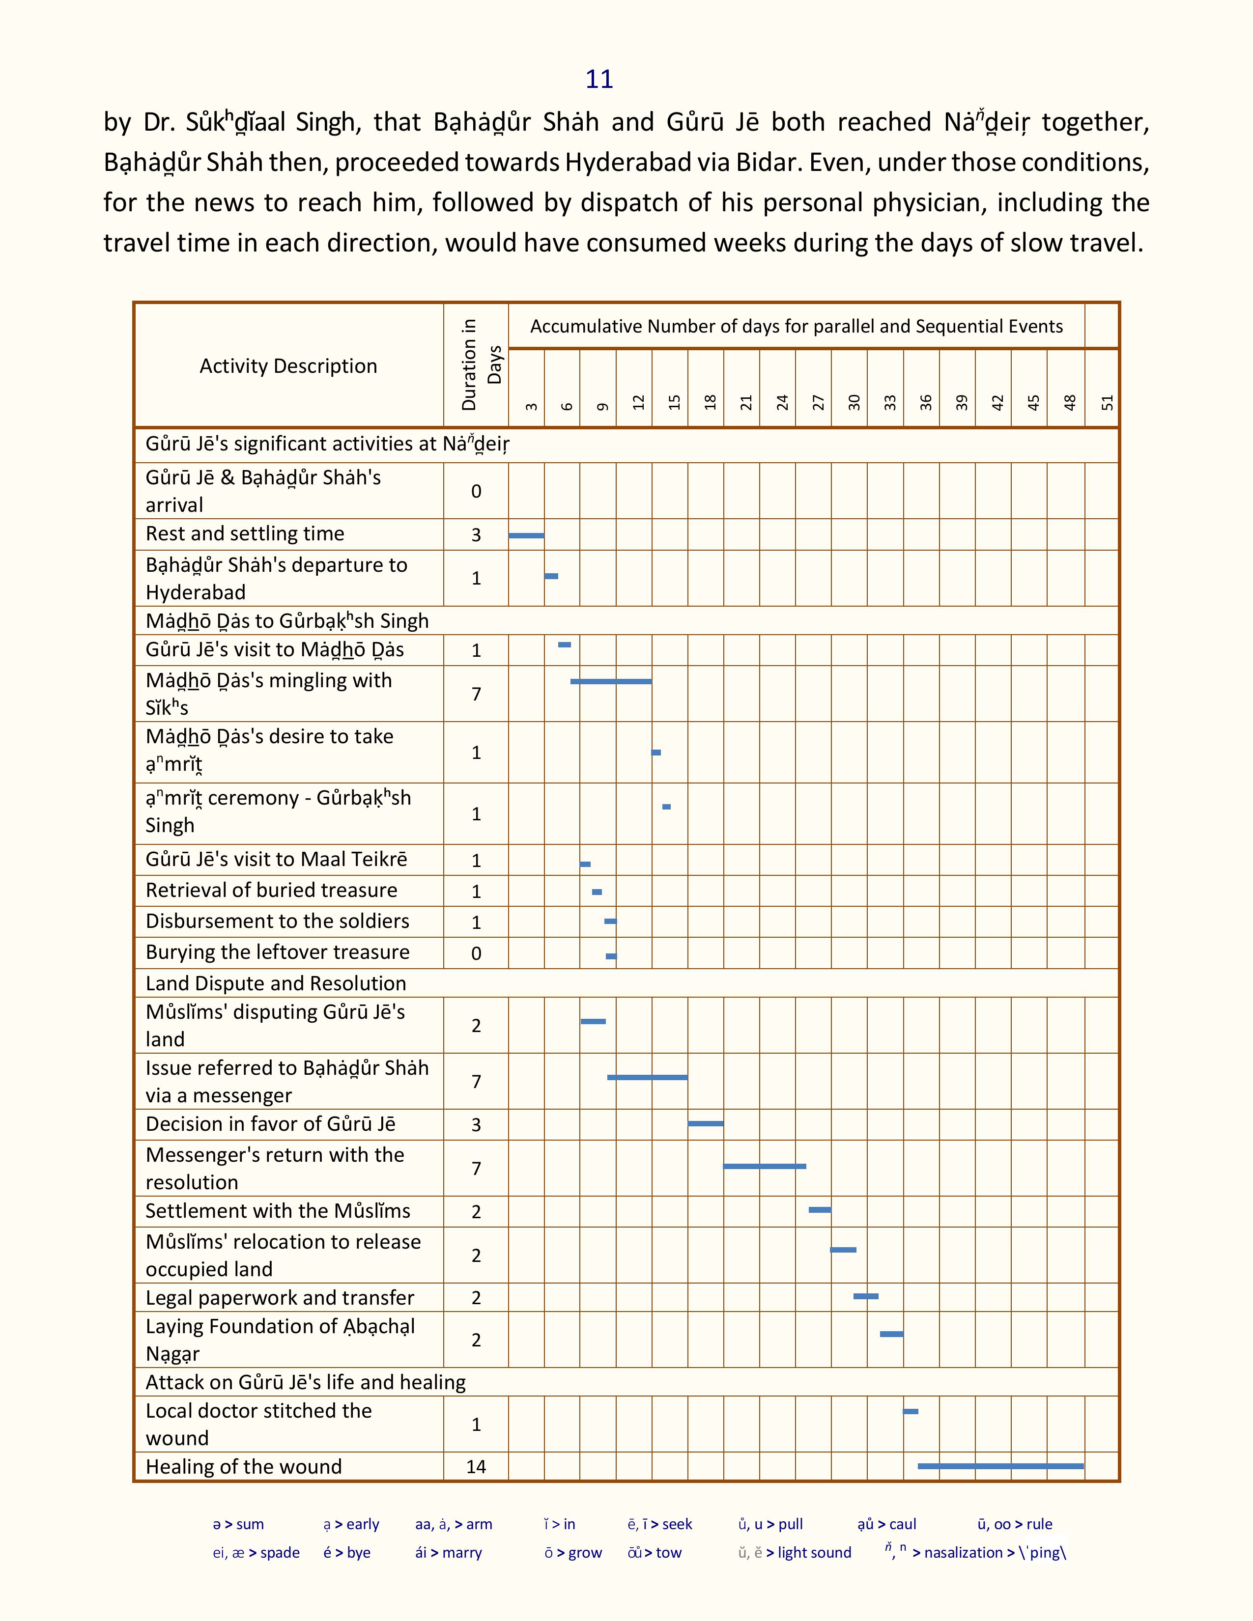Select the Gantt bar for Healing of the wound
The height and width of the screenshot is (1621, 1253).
(x=1000, y=1466)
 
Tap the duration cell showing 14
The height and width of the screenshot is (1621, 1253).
(x=476, y=1467)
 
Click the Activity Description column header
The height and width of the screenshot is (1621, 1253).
(x=288, y=366)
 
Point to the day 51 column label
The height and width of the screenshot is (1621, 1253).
(x=1107, y=402)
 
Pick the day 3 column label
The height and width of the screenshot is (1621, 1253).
(x=530, y=405)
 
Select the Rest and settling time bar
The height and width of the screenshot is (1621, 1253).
(x=526, y=535)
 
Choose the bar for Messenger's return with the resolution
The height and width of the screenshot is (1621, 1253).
(x=765, y=1166)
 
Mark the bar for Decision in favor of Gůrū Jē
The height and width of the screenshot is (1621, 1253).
(x=705, y=1123)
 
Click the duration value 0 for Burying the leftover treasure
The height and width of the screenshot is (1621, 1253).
(x=476, y=953)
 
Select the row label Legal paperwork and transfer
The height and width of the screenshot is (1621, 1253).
(x=280, y=1297)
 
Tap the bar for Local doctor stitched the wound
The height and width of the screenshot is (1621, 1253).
(x=911, y=1411)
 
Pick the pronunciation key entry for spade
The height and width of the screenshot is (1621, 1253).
(x=256, y=1553)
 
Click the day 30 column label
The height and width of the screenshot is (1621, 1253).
(x=854, y=402)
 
